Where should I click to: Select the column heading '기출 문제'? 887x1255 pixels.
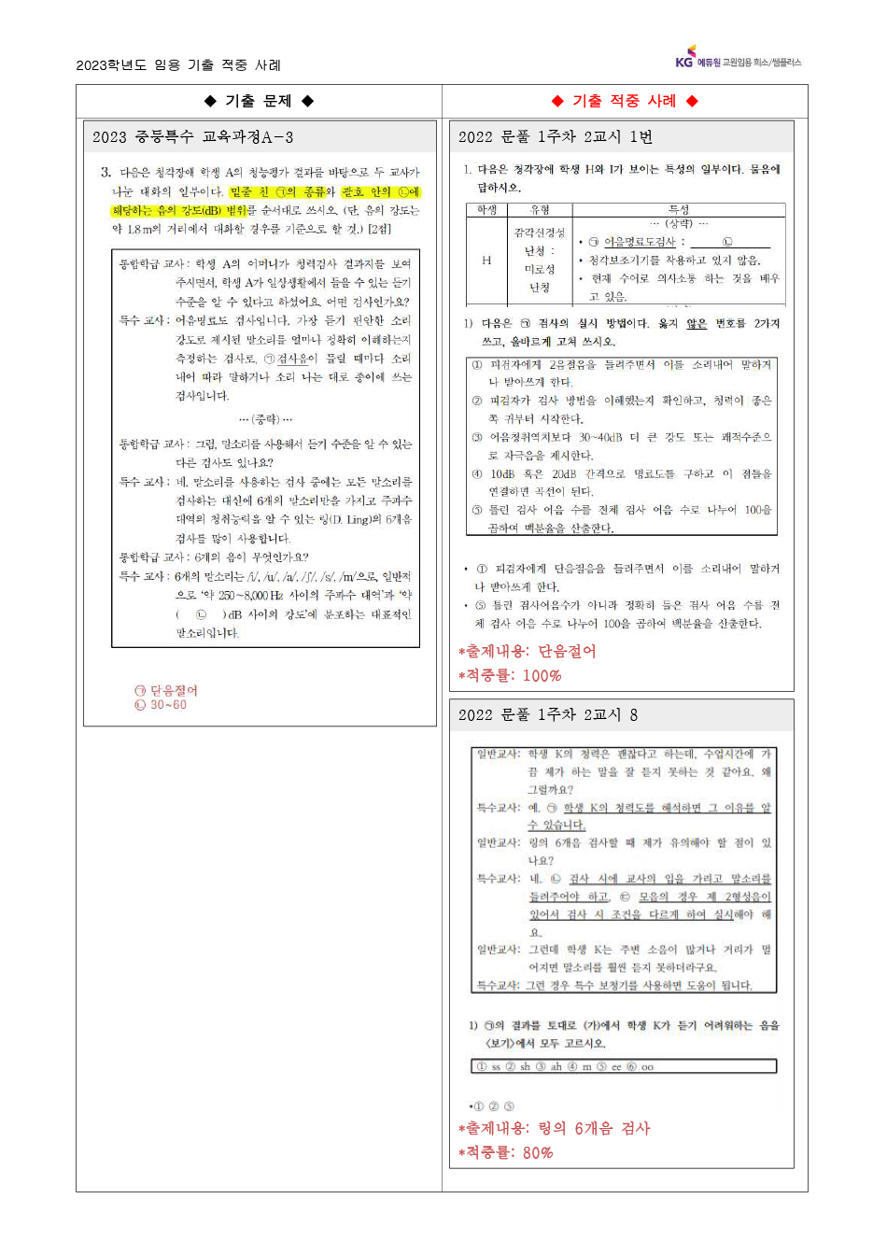[x=259, y=101]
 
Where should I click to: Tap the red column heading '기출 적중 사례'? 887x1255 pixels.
[x=625, y=101]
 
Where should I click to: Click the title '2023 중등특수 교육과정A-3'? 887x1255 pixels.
[x=192, y=137]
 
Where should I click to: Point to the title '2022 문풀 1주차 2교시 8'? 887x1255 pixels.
[x=547, y=715]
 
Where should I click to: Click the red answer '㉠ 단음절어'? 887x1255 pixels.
[x=166, y=690]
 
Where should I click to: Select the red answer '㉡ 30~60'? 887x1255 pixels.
[x=161, y=705]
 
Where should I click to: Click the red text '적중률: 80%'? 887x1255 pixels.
[x=506, y=1152]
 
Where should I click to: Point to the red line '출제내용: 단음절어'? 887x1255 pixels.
[x=528, y=651]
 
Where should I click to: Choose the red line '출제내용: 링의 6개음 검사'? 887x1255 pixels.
[x=555, y=1128]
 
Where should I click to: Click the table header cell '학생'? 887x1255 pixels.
[x=486, y=210]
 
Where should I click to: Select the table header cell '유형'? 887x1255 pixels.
[x=540, y=210]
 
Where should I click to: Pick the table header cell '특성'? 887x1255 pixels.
[x=679, y=210]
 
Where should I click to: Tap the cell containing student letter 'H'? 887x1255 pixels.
[x=486, y=261]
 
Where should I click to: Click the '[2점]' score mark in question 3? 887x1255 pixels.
[x=379, y=229]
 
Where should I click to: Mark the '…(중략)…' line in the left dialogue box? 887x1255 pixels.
[x=265, y=419]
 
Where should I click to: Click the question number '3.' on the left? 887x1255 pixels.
[x=106, y=173]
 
